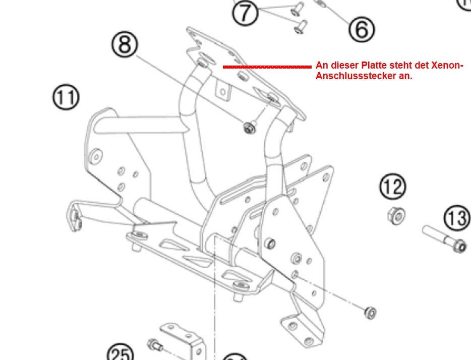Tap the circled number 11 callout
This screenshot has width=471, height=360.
[x=66, y=97]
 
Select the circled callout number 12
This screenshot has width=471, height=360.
[x=392, y=187]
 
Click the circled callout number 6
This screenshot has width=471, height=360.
[x=362, y=29]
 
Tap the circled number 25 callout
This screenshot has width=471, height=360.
[x=121, y=354]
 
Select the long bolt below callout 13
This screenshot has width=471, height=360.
[x=444, y=239]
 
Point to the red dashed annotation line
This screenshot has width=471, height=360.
[x=267, y=67]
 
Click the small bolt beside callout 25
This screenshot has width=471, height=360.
[x=154, y=345]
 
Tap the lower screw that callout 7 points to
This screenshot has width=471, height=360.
[x=300, y=26]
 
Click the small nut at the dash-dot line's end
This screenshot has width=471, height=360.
[x=370, y=313]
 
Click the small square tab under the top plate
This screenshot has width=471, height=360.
[x=222, y=91]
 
